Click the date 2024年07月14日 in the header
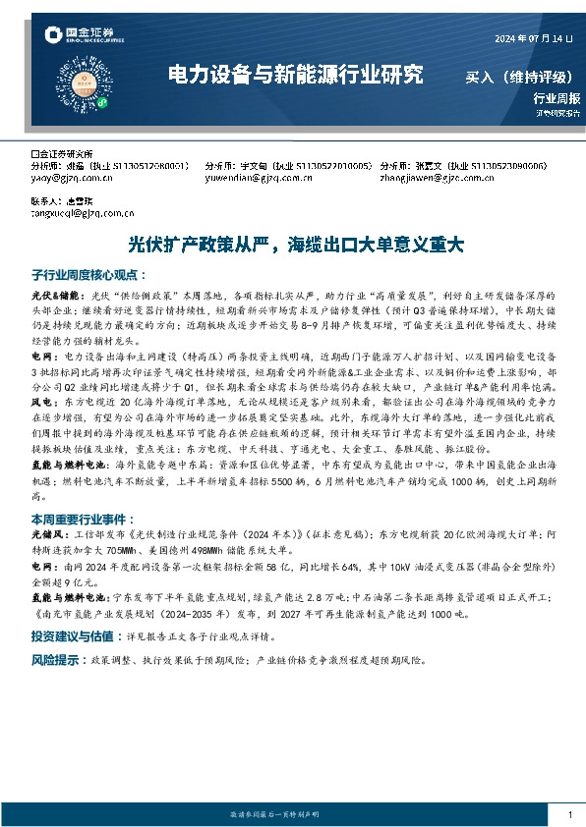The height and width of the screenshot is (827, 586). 531,38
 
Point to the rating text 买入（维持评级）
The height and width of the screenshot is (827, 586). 519,77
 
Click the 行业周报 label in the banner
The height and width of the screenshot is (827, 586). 557,98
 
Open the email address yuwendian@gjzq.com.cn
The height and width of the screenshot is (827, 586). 251,179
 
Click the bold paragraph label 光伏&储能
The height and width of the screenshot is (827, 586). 52,295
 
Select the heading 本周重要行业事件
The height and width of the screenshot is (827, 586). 82,515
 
